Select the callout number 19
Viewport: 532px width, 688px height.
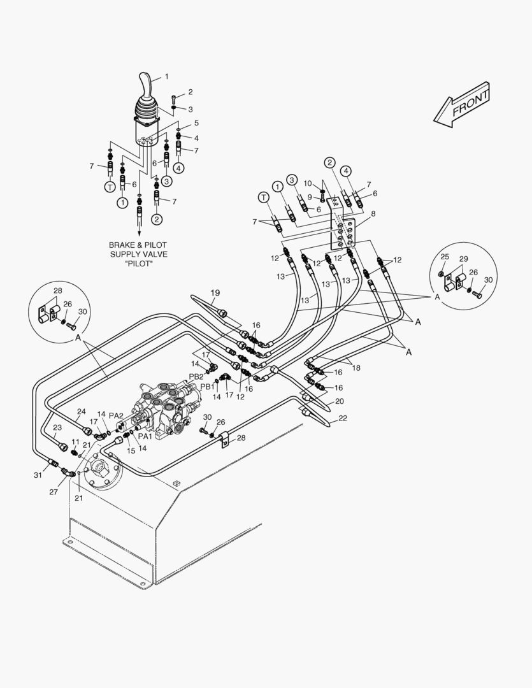click(215, 293)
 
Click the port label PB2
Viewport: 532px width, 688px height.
click(196, 376)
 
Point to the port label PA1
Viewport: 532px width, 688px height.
click(145, 437)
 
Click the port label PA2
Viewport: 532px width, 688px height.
click(116, 415)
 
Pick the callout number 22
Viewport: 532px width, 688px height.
click(343, 418)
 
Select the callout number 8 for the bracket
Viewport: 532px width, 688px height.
click(373, 214)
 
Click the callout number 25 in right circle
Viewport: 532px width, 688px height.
click(445, 257)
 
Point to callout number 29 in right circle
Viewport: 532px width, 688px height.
click(463, 259)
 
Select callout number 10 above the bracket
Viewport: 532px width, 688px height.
click(307, 184)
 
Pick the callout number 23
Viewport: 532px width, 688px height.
click(57, 428)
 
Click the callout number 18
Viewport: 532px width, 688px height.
click(356, 368)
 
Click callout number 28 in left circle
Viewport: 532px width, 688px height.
click(57, 291)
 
